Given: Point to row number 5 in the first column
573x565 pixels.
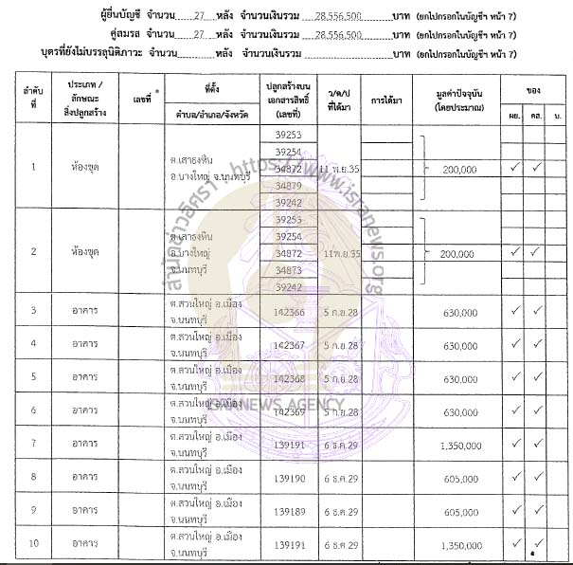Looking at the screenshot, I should pyautogui.click(x=34, y=376).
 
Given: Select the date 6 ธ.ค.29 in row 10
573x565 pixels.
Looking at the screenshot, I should pyautogui.click(x=340, y=544).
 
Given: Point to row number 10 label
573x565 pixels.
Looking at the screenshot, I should pyautogui.click(x=34, y=544).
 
